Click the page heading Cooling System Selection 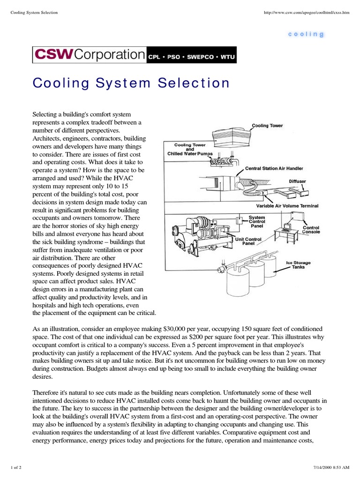(131, 83)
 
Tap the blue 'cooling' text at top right (306, 34)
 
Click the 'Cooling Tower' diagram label (267, 126)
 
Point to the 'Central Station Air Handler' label (274, 168)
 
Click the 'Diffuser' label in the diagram (297, 180)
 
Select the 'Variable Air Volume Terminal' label (287, 205)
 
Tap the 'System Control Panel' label (257, 222)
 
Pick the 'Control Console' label (311, 230)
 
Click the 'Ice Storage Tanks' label (298, 265)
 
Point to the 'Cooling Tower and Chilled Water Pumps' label (190, 150)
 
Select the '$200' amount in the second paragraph (199, 337)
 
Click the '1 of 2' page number (16, 469)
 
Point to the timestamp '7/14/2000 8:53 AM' (331, 469)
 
